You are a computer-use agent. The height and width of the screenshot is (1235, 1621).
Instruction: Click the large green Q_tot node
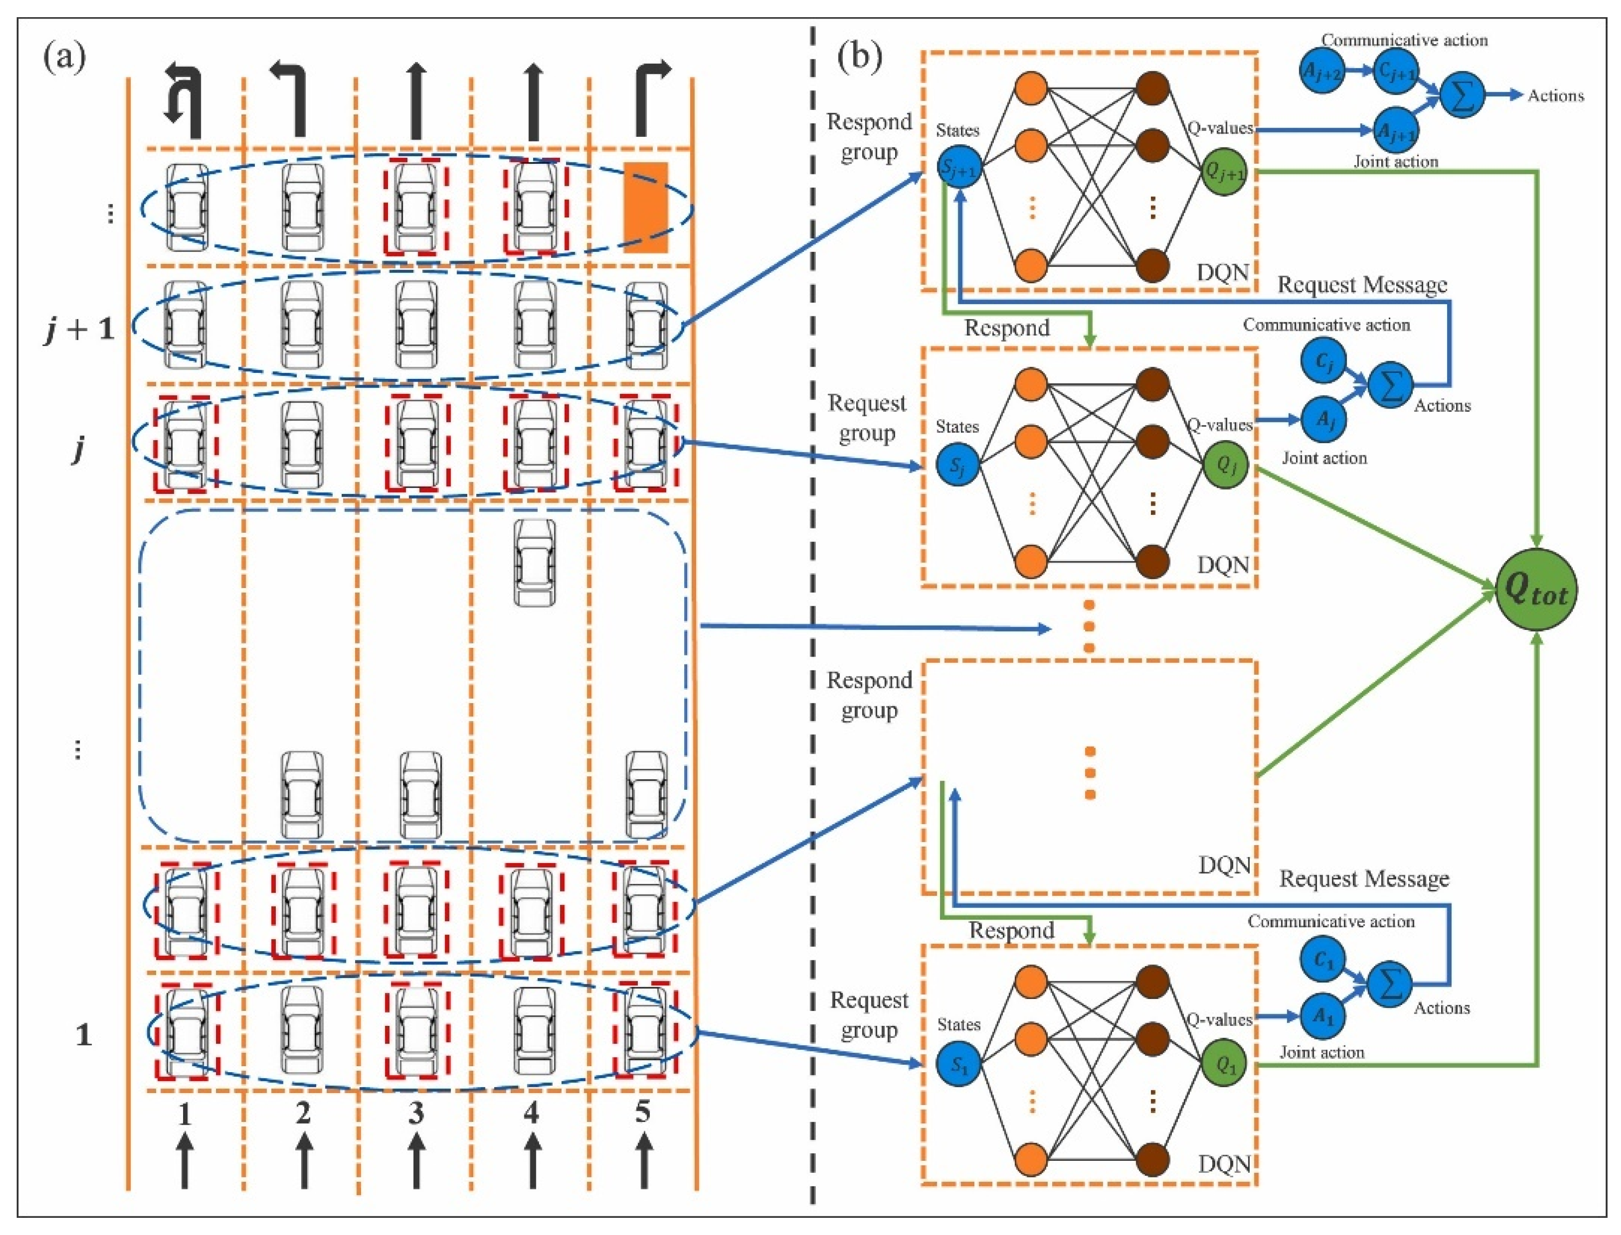click(x=1536, y=589)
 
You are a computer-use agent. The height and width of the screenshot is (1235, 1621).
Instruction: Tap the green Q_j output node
click(x=1225, y=465)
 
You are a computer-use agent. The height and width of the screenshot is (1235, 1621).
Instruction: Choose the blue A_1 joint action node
click(x=1322, y=1016)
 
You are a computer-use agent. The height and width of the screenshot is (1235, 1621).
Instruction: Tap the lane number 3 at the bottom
click(x=416, y=1113)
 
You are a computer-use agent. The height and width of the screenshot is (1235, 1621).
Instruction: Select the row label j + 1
click(x=79, y=329)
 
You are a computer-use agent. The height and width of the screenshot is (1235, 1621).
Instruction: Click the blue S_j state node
click(x=958, y=465)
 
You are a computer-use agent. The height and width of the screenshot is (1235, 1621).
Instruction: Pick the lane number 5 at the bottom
click(x=643, y=1112)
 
